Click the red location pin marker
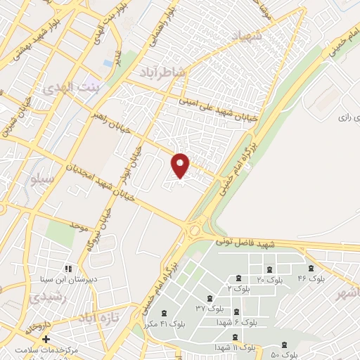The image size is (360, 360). click(x=181, y=165)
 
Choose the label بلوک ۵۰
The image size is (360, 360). click(x=285, y=354)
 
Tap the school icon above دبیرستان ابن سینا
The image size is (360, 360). click(x=68, y=269)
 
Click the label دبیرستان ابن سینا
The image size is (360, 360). click(x=69, y=279)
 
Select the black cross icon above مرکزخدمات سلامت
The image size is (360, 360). click(x=46, y=339)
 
